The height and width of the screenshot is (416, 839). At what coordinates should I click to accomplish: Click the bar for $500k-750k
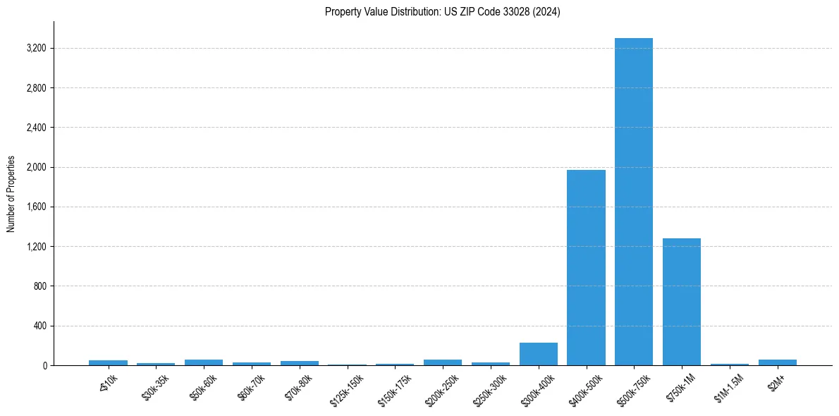[x=633, y=202]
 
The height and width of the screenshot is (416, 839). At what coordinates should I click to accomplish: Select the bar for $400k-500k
[x=586, y=268]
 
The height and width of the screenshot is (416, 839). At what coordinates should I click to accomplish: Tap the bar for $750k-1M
[x=681, y=302]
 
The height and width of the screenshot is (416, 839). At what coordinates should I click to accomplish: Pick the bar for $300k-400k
[x=538, y=354]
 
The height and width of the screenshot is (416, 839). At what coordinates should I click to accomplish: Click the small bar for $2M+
[x=777, y=362]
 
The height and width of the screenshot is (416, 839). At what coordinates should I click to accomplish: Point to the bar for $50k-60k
[x=204, y=362]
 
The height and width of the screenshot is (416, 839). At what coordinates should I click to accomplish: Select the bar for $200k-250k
[x=443, y=362]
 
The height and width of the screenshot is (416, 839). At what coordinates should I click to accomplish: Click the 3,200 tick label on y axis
[x=35, y=49]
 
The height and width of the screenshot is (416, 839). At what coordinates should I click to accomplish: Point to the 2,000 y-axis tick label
[x=35, y=168]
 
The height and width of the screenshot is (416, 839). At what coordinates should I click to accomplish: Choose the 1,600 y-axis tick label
[x=35, y=207]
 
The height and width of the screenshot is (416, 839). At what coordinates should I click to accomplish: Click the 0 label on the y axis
[x=44, y=366]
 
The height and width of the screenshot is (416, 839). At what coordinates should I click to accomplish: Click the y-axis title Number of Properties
[x=11, y=194]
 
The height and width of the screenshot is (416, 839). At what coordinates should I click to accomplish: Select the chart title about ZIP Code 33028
[x=442, y=12]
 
